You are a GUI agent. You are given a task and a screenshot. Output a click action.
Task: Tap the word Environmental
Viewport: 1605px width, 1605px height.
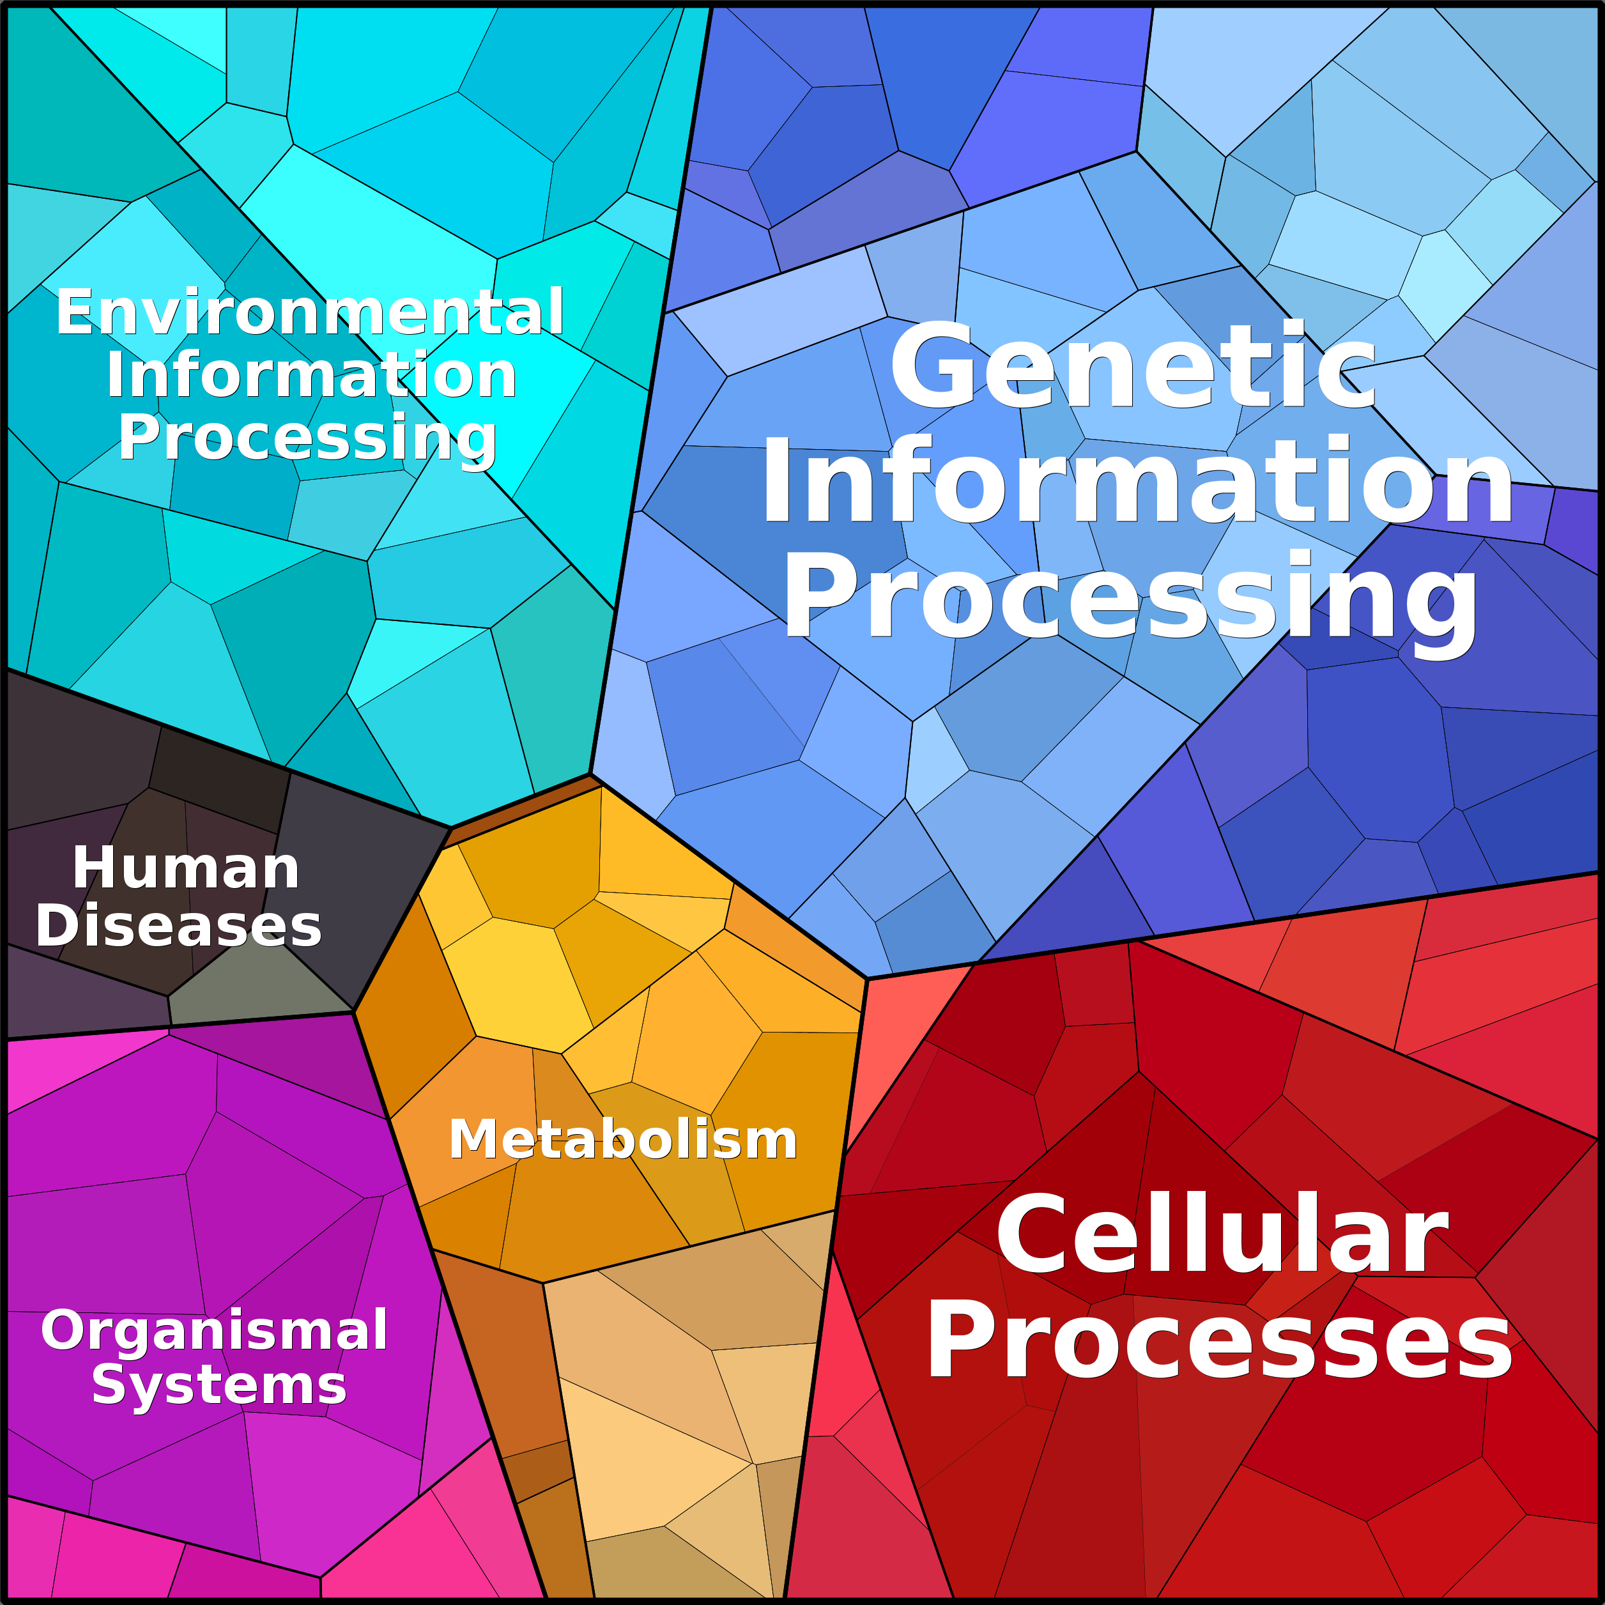pyautogui.click(x=310, y=312)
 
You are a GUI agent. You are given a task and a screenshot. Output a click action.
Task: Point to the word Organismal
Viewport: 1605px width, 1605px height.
pyautogui.click(x=214, y=1331)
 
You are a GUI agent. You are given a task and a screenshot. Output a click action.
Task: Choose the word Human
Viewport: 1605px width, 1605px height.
pyautogui.click(x=185, y=868)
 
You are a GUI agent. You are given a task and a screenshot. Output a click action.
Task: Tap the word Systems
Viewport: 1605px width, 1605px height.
pyautogui.click(x=219, y=1386)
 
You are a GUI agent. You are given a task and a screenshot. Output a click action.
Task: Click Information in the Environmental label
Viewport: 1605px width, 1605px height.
pyautogui.click(x=312, y=374)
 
